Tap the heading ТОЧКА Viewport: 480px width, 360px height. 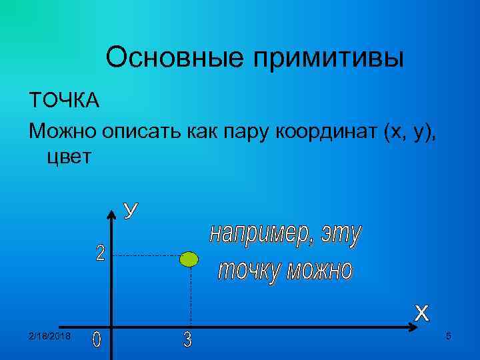pos(64,101)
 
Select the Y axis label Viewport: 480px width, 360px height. pos(131,211)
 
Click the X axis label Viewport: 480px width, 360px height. pos(421,312)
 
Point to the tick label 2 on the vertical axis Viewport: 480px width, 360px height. pos(100,253)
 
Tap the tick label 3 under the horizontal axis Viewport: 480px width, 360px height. pos(187,340)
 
